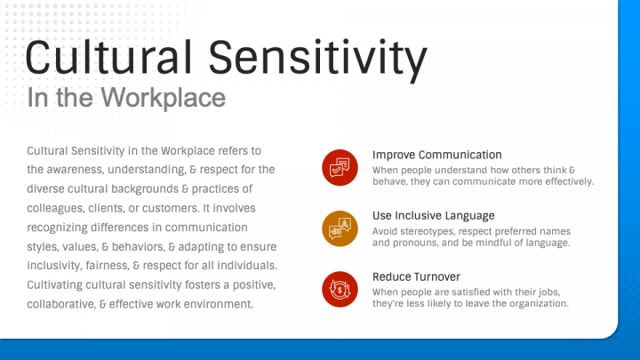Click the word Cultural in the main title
108,57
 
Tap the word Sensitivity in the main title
318,60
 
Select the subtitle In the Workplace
126,98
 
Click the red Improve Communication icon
340,167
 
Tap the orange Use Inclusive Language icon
340,228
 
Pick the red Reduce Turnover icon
340,290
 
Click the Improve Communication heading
436,155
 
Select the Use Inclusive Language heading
434,215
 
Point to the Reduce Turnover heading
416,276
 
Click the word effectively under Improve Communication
570,181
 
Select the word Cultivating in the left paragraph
55,285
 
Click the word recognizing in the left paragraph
57,228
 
